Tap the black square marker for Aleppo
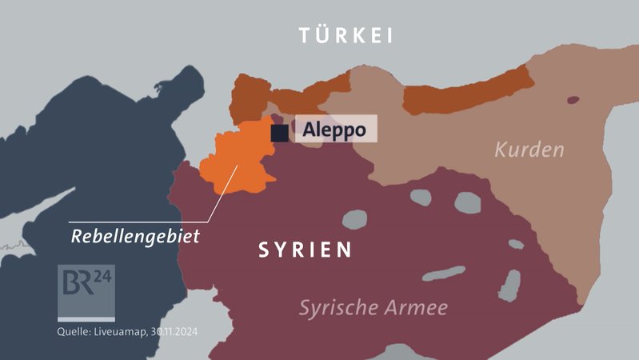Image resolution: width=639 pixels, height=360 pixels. (x=280, y=133)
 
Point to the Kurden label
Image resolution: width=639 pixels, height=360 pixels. (x=529, y=150)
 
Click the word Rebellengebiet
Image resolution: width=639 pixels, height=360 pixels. (x=135, y=237)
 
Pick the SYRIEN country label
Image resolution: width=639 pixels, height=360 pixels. (x=305, y=250)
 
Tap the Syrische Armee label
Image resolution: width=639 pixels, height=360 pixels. (x=373, y=307)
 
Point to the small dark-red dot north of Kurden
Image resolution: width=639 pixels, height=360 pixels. (x=573, y=101)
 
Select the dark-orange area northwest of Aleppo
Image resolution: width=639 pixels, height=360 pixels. (x=250, y=98)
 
